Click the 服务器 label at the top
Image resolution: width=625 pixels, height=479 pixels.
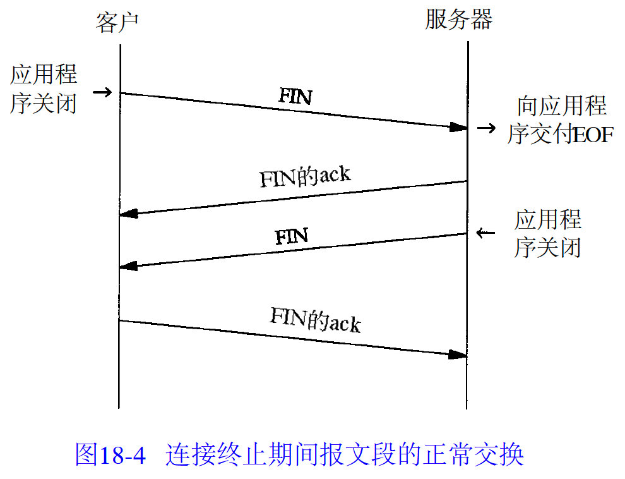pos(458,20)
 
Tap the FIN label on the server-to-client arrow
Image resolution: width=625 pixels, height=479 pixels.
pos(292,237)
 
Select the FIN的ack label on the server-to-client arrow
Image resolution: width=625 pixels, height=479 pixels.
pos(305,178)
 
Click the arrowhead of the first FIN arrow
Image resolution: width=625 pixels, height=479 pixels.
pos(458,128)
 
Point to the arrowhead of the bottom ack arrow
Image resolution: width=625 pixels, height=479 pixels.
pos(458,355)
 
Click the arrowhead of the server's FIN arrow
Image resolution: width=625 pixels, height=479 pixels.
pos(128,266)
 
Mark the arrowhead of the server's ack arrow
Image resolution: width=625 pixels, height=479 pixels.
pos(128,214)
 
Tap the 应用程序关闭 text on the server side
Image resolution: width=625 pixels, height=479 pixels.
pos(547,234)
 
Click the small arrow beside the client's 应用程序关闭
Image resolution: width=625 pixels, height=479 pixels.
pos(102,92)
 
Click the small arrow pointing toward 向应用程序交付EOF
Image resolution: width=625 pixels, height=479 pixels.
pos(485,128)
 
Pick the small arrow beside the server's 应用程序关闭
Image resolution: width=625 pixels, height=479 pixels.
pos(485,233)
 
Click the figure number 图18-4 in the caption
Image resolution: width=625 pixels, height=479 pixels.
pos(110,454)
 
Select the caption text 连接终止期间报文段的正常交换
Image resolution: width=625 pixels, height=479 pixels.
pos(345,454)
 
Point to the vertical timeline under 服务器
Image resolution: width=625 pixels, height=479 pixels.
pos(467,385)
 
